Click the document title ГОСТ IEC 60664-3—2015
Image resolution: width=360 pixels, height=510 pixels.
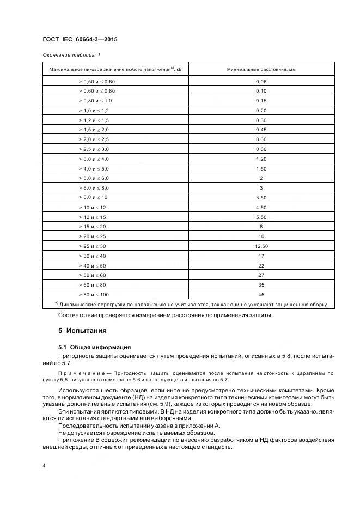(x=80, y=40)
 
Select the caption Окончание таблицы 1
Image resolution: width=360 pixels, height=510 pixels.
(x=71, y=56)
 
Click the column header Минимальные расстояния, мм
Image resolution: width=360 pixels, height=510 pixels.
(x=261, y=70)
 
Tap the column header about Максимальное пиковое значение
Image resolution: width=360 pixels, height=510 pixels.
(x=115, y=70)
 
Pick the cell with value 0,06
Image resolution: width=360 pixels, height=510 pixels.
(x=261, y=82)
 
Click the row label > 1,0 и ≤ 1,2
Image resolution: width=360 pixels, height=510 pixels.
(x=94, y=110)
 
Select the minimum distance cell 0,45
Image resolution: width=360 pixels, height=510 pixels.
(x=261, y=130)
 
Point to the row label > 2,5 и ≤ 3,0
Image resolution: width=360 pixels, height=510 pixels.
(x=94, y=149)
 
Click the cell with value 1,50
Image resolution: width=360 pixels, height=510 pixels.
(x=261, y=168)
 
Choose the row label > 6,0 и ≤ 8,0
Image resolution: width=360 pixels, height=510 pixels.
(x=94, y=188)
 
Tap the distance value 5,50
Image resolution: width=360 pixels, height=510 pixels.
(x=261, y=217)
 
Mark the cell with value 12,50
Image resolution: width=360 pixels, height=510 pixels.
(x=261, y=246)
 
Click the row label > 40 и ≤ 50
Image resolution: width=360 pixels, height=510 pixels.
(x=93, y=265)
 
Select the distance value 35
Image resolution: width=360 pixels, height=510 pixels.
(x=261, y=284)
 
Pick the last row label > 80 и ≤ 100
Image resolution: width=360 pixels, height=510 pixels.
(x=94, y=294)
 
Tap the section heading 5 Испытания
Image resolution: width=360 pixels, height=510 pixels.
(x=82, y=331)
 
